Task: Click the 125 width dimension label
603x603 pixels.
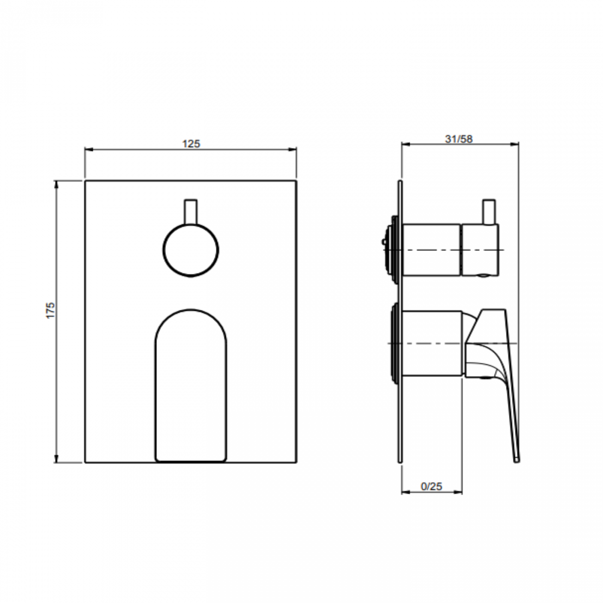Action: (191, 144)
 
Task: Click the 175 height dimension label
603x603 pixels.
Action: (51, 310)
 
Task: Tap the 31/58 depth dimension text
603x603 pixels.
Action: (459, 139)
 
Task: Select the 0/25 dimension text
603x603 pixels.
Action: (431, 487)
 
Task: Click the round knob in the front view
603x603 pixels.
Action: (191, 250)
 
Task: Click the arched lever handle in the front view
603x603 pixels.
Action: (191, 385)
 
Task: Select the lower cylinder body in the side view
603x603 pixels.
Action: (431, 343)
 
